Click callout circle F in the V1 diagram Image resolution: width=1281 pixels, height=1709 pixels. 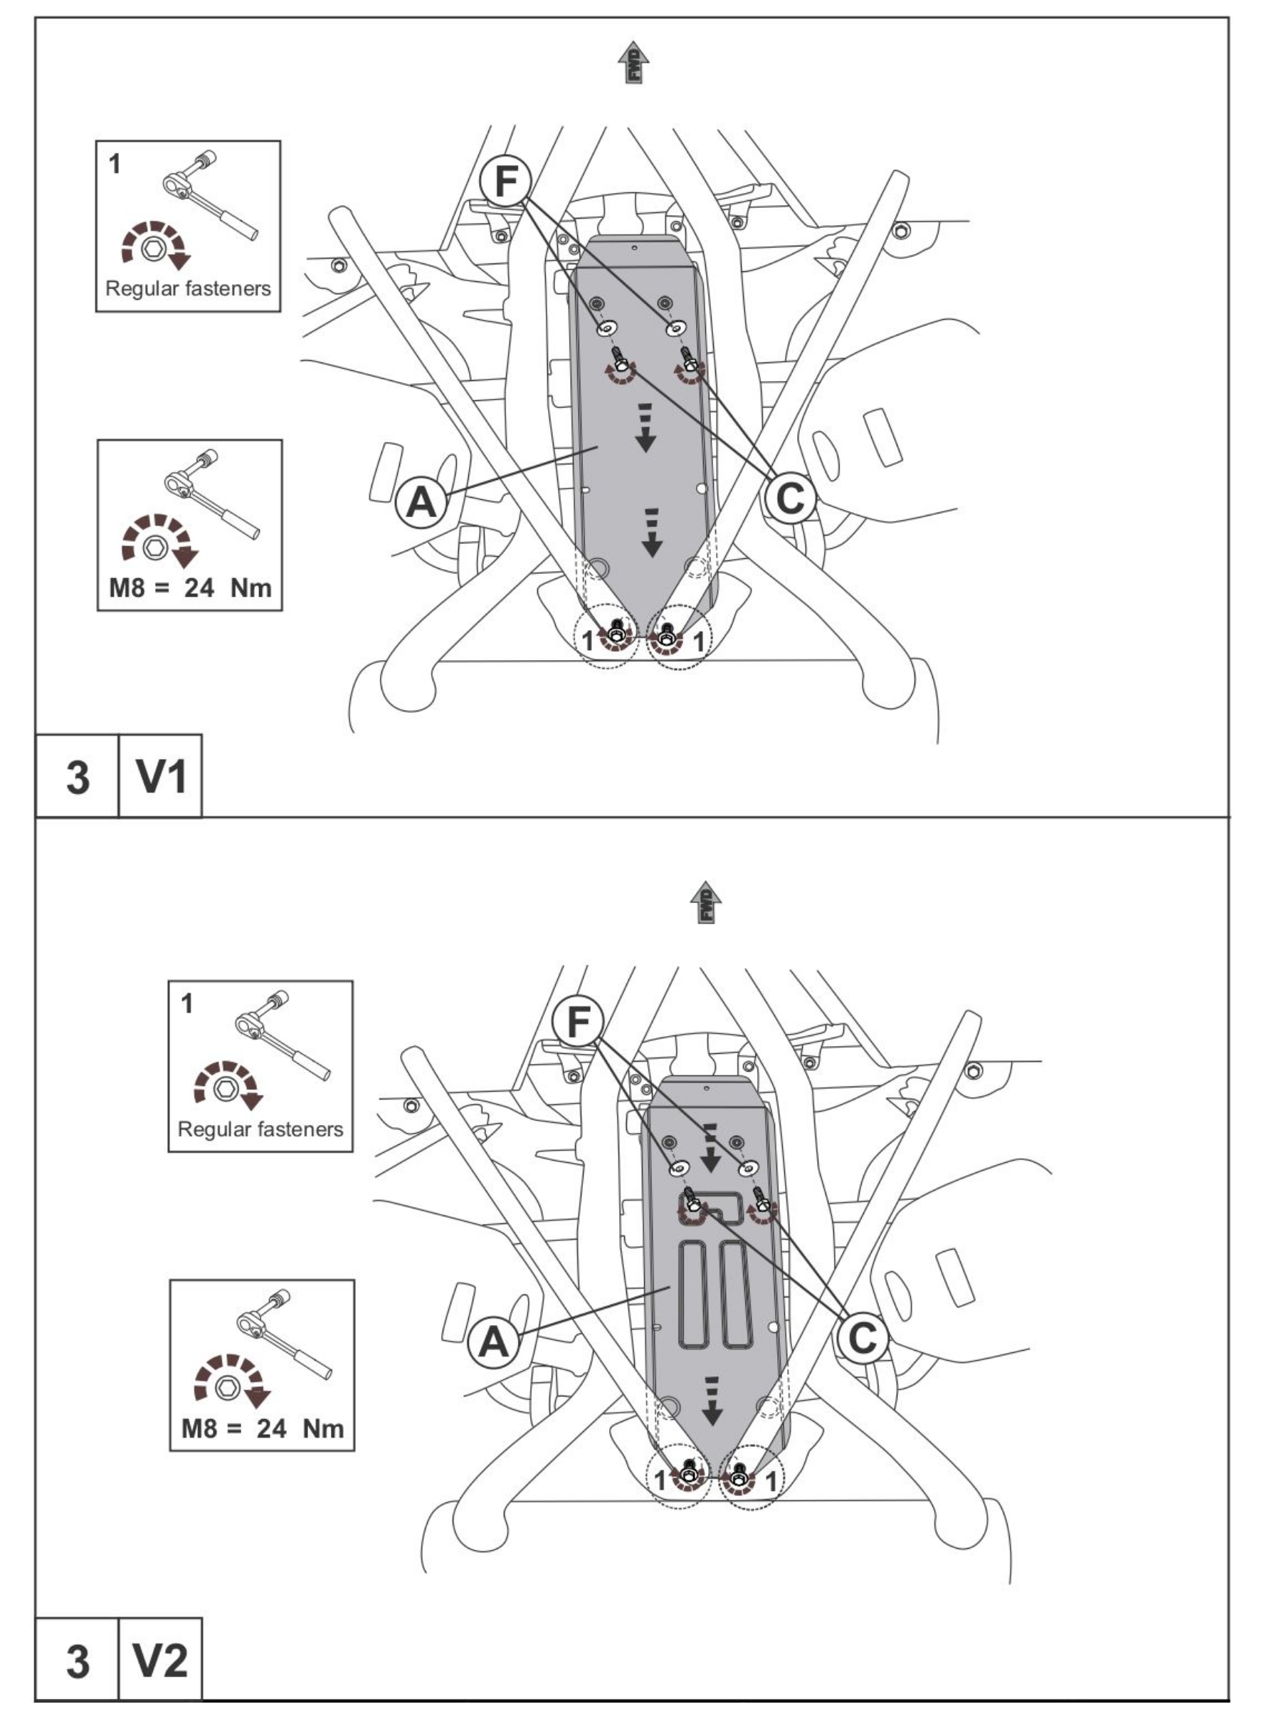tap(506, 182)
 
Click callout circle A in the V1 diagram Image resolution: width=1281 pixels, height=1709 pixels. tap(421, 503)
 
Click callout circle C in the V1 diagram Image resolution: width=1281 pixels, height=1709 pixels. tap(789, 498)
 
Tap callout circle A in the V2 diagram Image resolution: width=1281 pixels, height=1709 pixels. tap(493, 1343)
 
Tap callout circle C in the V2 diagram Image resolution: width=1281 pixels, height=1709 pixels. tap(862, 1338)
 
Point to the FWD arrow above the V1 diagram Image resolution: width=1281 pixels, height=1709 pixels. tap(634, 63)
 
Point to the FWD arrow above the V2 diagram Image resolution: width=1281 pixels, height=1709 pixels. tap(706, 902)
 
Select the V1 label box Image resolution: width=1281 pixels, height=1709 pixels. tap(161, 775)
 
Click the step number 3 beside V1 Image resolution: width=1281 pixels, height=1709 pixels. tap(77, 776)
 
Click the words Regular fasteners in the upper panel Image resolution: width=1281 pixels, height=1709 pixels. tap(189, 289)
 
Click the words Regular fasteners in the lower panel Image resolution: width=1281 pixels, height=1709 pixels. tap(260, 1129)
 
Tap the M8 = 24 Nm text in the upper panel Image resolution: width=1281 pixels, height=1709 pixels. tap(190, 588)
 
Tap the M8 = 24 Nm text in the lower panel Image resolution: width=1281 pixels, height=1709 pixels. tap(262, 1428)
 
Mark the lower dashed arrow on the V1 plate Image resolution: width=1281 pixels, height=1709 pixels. tap(653, 533)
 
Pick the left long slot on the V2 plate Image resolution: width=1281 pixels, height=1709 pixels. tap(692, 1293)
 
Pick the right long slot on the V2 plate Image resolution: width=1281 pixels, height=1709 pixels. tap(736, 1293)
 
